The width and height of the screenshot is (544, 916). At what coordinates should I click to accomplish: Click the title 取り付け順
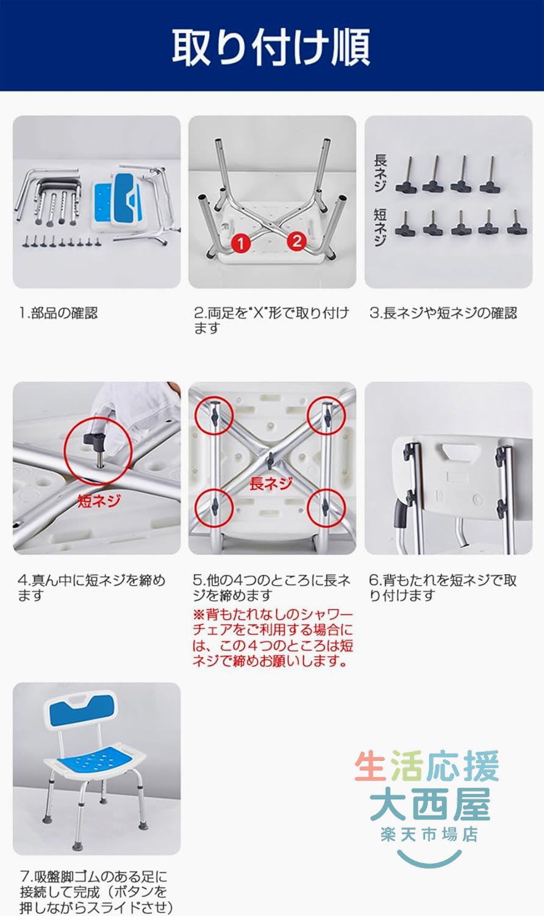tap(271, 46)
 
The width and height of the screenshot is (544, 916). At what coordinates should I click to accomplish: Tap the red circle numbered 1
tap(241, 243)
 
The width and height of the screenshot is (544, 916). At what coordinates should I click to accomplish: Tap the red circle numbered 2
tap(297, 241)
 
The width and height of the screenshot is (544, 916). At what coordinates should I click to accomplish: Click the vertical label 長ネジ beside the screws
tap(380, 173)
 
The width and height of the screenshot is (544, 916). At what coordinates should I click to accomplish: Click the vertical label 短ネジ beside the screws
tap(380, 227)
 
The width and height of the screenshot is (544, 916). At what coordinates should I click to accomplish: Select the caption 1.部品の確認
tap(58, 313)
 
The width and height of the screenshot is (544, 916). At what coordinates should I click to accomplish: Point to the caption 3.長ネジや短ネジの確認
tap(443, 313)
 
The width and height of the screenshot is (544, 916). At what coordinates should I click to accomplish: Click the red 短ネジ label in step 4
tap(99, 501)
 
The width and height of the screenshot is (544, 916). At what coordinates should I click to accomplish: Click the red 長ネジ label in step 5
tap(271, 484)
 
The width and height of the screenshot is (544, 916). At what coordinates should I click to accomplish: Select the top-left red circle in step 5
tap(213, 415)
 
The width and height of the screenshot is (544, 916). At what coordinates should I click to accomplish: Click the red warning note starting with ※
tap(273, 638)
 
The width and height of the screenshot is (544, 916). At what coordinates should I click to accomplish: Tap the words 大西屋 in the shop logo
tap(429, 804)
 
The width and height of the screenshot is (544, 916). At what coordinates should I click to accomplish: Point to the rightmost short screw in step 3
tap(517, 224)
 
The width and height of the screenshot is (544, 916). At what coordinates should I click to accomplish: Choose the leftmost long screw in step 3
tap(406, 176)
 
